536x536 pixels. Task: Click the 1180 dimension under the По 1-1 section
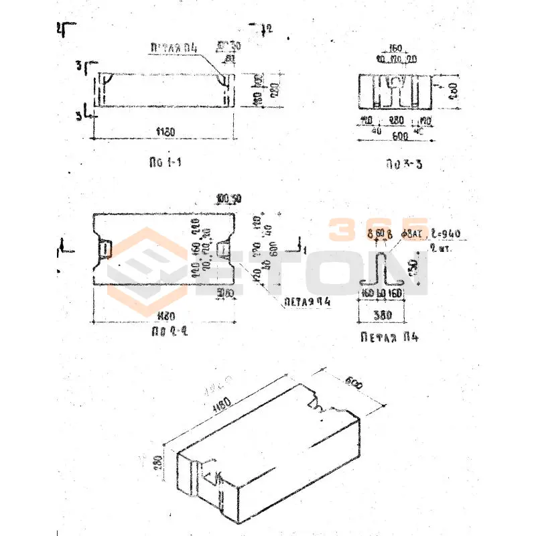pyautogui.click(x=165, y=133)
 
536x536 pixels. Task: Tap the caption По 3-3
pyautogui.click(x=402, y=163)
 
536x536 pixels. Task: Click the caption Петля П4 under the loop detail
pyautogui.click(x=389, y=336)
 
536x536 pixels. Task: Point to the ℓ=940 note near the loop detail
pyautogui.click(x=443, y=233)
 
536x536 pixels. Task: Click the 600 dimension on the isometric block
pyautogui.click(x=354, y=385)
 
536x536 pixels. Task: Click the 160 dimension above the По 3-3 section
pyautogui.click(x=395, y=49)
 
